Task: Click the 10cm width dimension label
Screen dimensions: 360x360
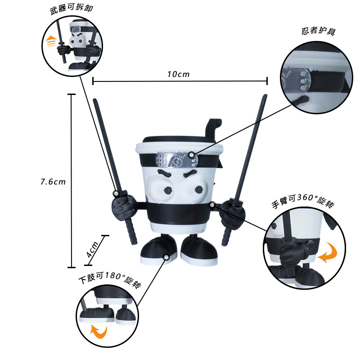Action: (178, 74)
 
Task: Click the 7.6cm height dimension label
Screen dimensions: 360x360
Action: (53, 182)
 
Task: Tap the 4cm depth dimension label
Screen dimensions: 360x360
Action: (93, 249)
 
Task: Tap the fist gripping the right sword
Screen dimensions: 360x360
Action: (233, 214)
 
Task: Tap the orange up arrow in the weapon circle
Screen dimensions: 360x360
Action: (50, 42)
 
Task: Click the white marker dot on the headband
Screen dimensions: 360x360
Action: (192, 155)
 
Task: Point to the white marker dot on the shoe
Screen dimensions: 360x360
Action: (166, 257)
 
